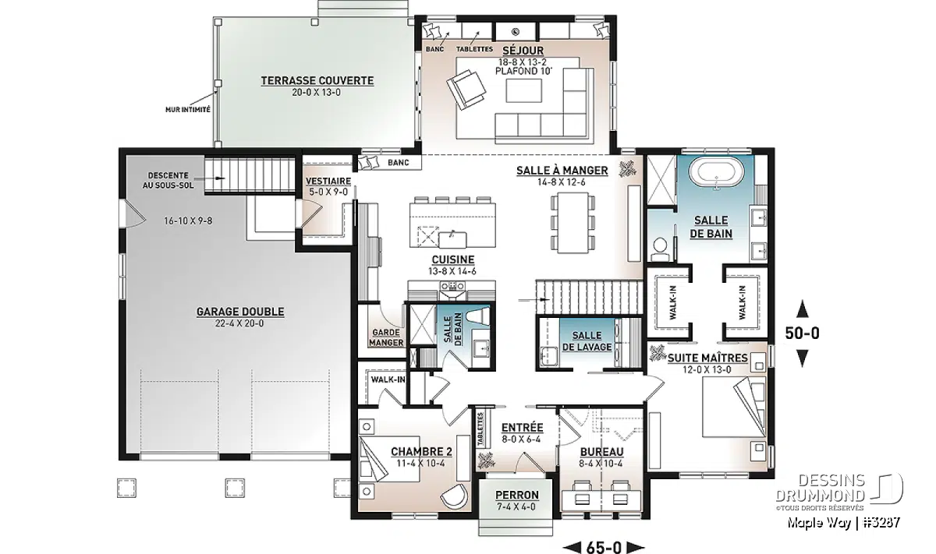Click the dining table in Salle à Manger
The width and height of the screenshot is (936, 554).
pyautogui.click(x=573, y=222)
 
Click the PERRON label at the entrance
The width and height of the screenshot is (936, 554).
pyautogui.click(x=516, y=495)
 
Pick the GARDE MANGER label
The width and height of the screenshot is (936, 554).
pyautogui.click(x=387, y=337)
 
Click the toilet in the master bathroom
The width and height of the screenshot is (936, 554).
pyautogui.click(x=661, y=248)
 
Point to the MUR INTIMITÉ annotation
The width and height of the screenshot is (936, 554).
pyautogui.click(x=187, y=110)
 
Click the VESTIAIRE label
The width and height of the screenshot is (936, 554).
pyautogui.click(x=328, y=181)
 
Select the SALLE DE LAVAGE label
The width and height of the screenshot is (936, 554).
pyautogui.click(x=587, y=341)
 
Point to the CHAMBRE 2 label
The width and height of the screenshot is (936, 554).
pyautogui.click(x=420, y=451)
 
